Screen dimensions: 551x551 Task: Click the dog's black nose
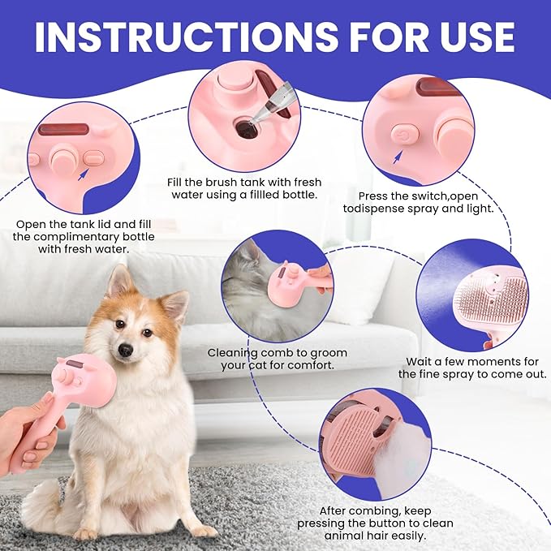tap(126, 349)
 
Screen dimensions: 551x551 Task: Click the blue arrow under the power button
tap(397, 157)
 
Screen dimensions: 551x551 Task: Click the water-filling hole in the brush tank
tap(246, 128)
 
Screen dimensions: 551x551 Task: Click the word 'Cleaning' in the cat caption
tap(233, 353)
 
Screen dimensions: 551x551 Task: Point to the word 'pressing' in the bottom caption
tap(321, 523)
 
